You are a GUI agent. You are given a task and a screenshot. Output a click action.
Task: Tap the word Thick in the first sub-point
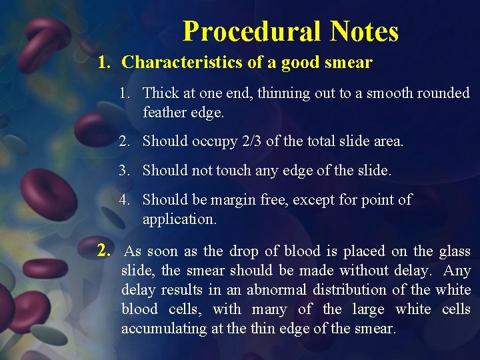[161, 93]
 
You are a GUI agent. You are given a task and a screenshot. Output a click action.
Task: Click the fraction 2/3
[250, 141]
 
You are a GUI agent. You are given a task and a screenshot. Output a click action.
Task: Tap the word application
[179, 219]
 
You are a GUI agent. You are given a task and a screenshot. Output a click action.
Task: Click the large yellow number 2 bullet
[103, 251]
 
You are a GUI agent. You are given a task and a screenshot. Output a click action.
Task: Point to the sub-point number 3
[124, 171]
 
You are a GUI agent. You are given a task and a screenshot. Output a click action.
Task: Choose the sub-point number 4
[124, 200]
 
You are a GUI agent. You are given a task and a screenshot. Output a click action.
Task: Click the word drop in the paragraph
[244, 251]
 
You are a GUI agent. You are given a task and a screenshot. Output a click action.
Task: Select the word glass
[455, 251]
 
